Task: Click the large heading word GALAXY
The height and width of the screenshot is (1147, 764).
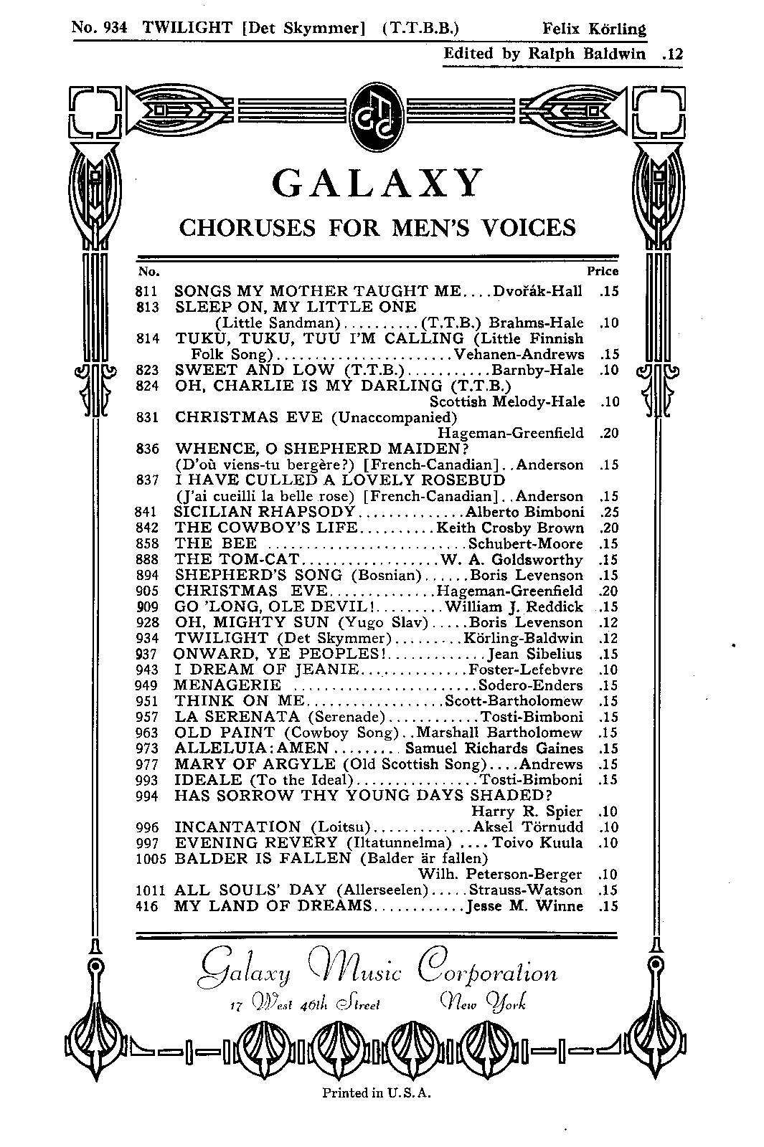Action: click(x=377, y=184)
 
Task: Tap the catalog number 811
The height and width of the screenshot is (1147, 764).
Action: click(x=145, y=292)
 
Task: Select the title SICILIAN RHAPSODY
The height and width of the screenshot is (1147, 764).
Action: click(x=265, y=512)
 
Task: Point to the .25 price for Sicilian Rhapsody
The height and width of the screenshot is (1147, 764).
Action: click(x=608, y=513)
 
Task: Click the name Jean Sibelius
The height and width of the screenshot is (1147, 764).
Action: click(x=535, y=654)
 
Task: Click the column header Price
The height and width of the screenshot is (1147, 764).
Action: click(x=603, y=272)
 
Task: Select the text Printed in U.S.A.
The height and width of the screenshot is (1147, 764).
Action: click(x=377, y=1093)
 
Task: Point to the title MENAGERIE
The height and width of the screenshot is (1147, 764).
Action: click(x=227, y=685)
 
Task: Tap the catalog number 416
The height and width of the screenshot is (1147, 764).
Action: click(x=145, y=906)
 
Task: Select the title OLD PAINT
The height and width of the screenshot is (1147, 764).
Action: click(x=225, y=733)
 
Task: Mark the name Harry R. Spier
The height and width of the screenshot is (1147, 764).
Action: click(x=527, y=812)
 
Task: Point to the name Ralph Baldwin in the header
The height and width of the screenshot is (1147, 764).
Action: click(x=587, y=54)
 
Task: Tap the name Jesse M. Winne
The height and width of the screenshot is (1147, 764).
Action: click(x=524, y=906)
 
